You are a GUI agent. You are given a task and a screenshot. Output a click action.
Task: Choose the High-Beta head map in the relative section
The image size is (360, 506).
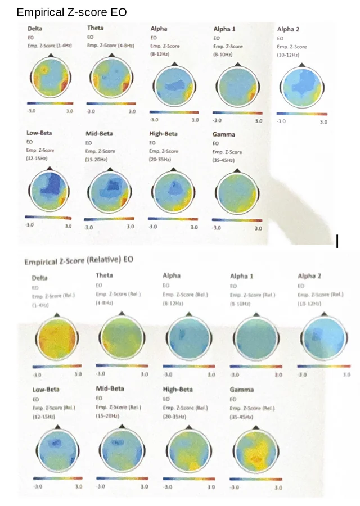click(188, 453)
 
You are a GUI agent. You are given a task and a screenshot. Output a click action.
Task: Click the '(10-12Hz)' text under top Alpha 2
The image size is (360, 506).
click(288, 55)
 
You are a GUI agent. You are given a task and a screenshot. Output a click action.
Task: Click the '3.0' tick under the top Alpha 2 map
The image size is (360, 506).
click(323, 121)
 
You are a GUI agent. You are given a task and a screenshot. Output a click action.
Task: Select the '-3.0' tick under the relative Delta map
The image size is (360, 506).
click(38, 374)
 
